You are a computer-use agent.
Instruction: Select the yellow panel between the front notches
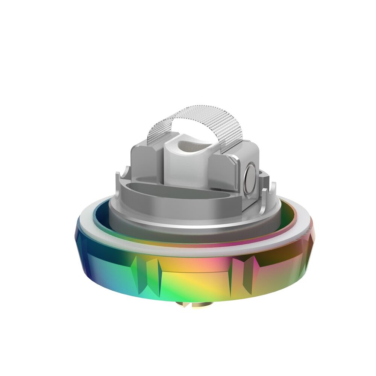196,280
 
